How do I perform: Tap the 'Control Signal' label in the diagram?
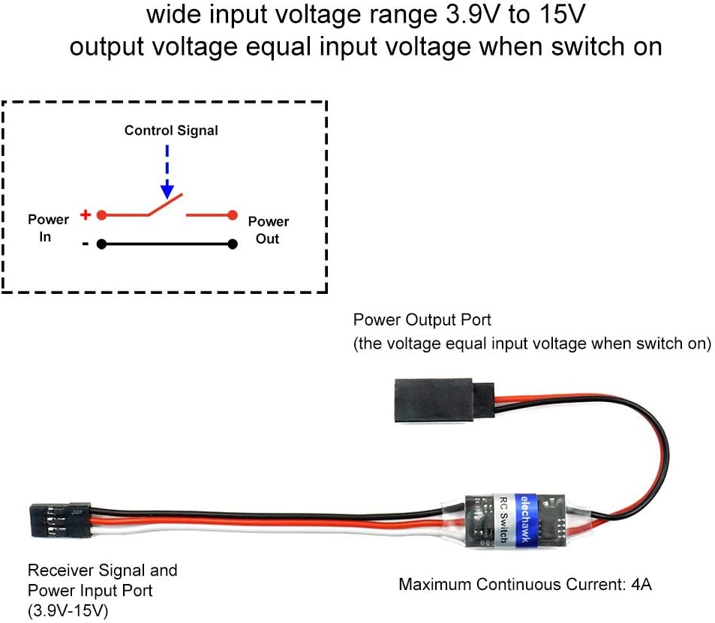coord(171,130)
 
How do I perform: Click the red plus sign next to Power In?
coord(86,215)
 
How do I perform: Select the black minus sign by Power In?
coord(86,243)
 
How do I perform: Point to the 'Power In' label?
coord(48,228)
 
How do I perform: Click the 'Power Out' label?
coord(268,230)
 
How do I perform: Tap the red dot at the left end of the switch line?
coord(101,216)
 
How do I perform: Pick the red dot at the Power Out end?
coord(233,216)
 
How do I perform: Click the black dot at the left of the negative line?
coord(101,244)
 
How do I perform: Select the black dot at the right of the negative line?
coord(233,244)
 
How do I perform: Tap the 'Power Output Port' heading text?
coord(422,320)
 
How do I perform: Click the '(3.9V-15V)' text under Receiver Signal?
coord(68,611)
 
